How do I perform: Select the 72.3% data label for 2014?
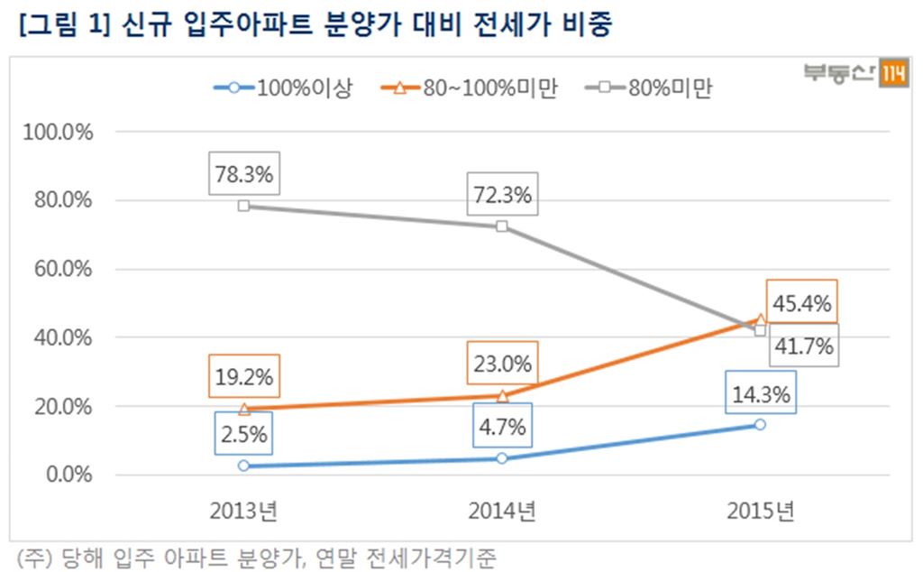[x=502, y=194]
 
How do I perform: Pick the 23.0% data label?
[x=502, y=364]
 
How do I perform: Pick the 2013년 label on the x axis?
[x=243, y=512]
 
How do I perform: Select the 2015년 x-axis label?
[x=761, y=512]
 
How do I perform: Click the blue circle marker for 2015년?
[x=761, y=424]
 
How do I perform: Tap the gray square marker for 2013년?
[x=243, y=206]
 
